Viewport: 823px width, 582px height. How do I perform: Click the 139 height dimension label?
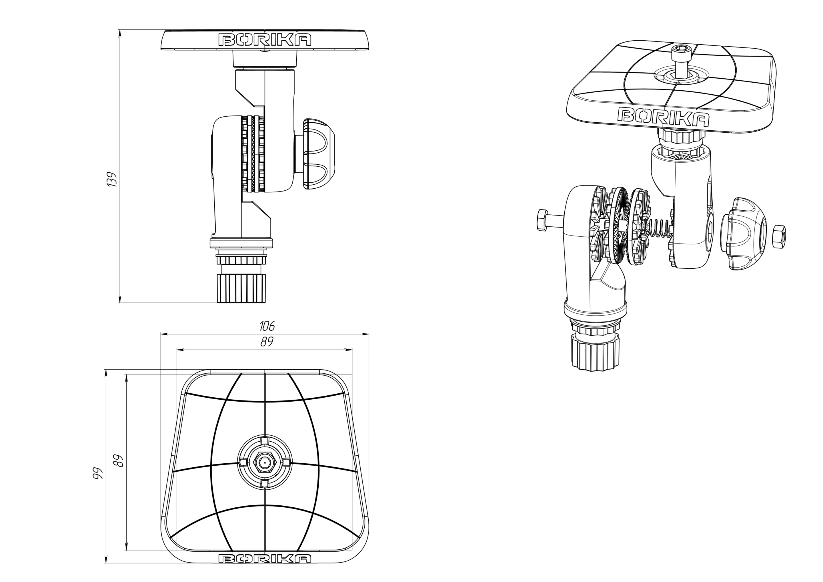point(111,179)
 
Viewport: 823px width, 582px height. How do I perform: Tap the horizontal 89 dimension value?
point(267,342)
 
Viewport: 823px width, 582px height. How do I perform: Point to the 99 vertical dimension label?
point(97,473)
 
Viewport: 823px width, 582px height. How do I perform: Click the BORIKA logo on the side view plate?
point(265,40)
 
